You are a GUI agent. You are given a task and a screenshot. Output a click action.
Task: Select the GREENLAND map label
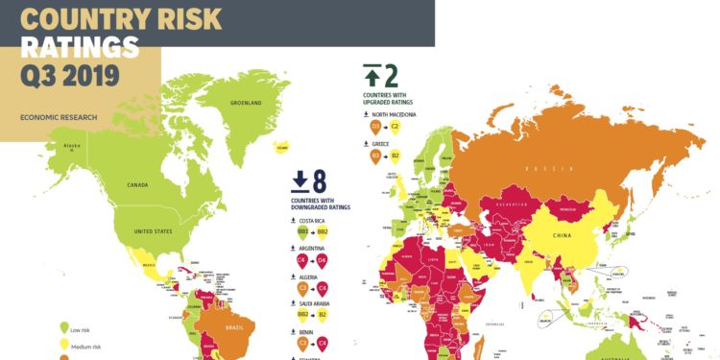(x=247, y=103)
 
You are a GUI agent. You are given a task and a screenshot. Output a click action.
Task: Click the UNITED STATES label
(x=152, y=231)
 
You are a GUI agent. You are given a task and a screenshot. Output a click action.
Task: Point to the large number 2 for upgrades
(x=391, y=74)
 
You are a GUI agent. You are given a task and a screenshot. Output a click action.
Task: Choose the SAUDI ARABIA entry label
(x=320, y=302)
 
